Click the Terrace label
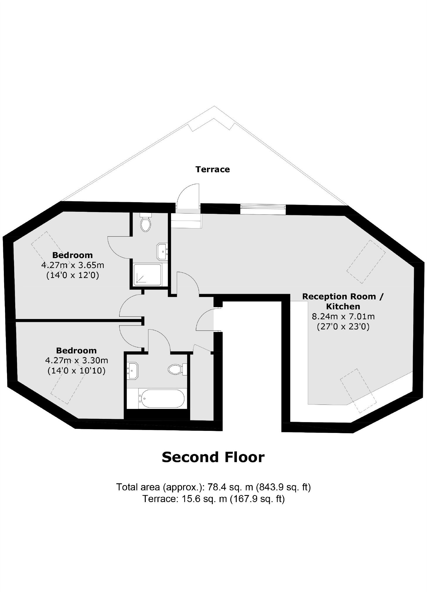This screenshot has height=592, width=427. point(213,169)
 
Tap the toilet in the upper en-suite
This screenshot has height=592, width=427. point(146,224)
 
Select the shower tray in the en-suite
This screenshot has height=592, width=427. point(147,274)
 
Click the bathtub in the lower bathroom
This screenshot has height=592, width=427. point(161,398)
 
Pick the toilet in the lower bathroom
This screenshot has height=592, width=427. point(176,369)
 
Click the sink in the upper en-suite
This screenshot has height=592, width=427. point(162,251)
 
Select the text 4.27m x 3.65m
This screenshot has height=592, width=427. point(73,265)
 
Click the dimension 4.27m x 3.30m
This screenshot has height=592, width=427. point(76,360)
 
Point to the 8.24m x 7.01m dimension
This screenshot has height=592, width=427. point(343,316)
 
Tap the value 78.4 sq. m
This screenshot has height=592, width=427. point(230,487)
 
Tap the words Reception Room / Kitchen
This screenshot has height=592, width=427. point(343,301)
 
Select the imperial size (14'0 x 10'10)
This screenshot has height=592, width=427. point(76,371)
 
